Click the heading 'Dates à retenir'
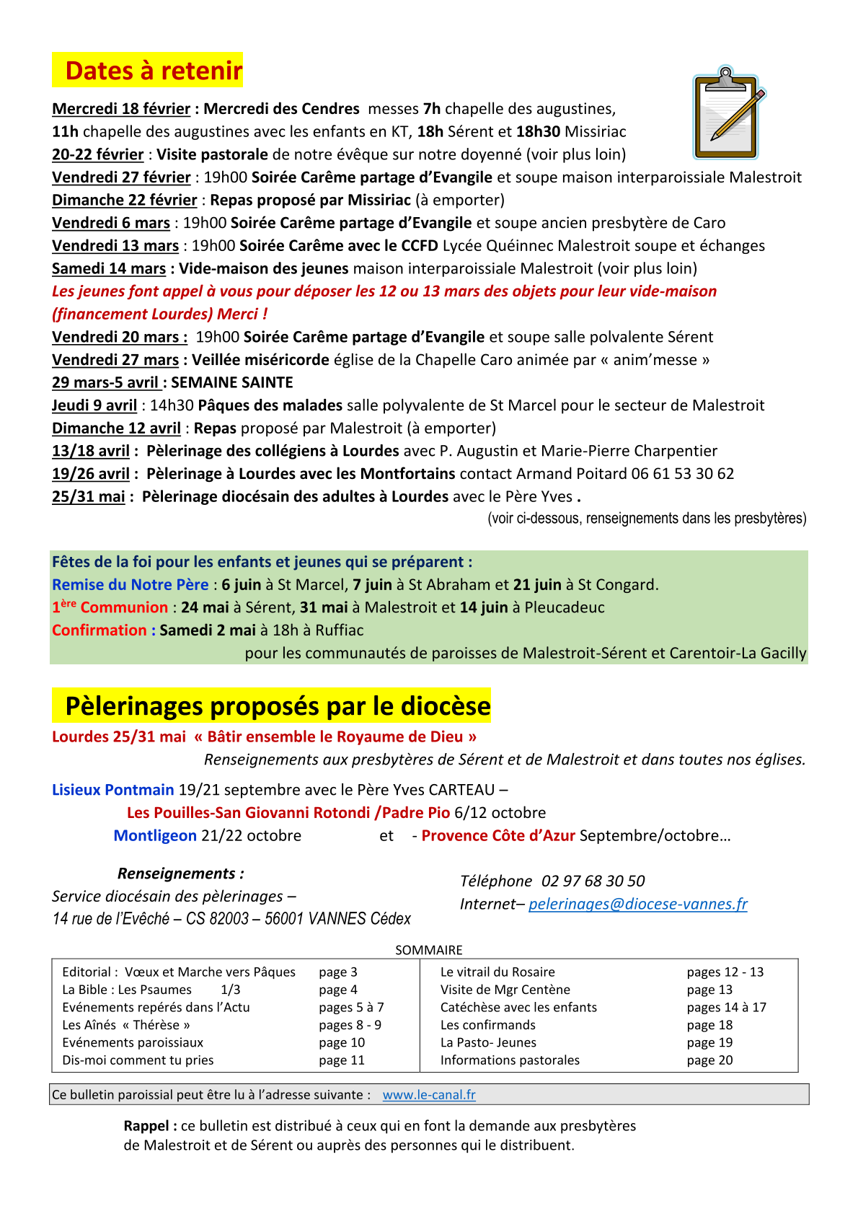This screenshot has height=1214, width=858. pos(154,71)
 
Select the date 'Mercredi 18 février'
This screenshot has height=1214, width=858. pos(121,109)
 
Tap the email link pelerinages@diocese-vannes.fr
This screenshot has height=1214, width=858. pos(637,904)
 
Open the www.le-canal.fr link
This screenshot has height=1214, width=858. pos(429,1094)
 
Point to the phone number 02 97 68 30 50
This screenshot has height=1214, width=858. pos(593,881)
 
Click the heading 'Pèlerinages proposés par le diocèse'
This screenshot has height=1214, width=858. pos(278,706)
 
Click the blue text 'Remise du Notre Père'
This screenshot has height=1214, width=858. pos(130,585)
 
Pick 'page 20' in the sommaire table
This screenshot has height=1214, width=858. pos(709,1060)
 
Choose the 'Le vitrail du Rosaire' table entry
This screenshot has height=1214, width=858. pos(497,972)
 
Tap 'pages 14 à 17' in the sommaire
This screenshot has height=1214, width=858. pos(726,1007)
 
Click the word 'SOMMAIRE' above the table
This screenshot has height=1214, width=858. pos(429,950)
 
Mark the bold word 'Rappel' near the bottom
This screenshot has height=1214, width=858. pos(146,1126)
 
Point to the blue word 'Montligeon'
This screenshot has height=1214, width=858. pos(155,835)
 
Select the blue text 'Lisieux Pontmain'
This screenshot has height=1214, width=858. pos(113,790)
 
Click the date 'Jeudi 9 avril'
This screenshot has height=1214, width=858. pos(94,405)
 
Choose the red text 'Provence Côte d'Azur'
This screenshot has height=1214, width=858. pos(498,835)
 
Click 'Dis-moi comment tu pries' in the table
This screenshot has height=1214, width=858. pos(138,1060)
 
